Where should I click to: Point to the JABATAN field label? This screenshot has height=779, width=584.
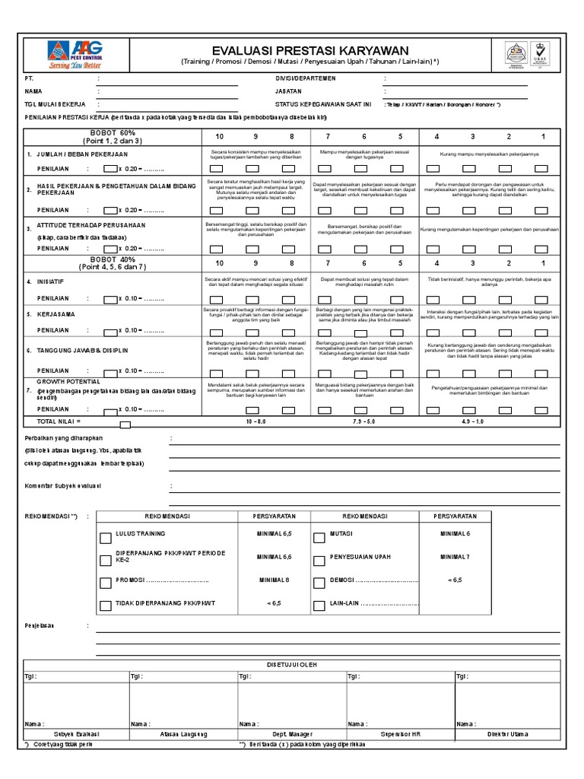288,91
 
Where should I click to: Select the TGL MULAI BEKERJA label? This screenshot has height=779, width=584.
55,103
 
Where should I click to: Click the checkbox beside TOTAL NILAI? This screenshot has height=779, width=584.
125,424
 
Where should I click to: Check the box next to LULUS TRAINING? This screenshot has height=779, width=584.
105,536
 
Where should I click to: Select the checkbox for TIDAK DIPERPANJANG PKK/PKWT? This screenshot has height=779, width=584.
105,606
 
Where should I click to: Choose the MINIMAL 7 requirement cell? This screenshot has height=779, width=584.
456,557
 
